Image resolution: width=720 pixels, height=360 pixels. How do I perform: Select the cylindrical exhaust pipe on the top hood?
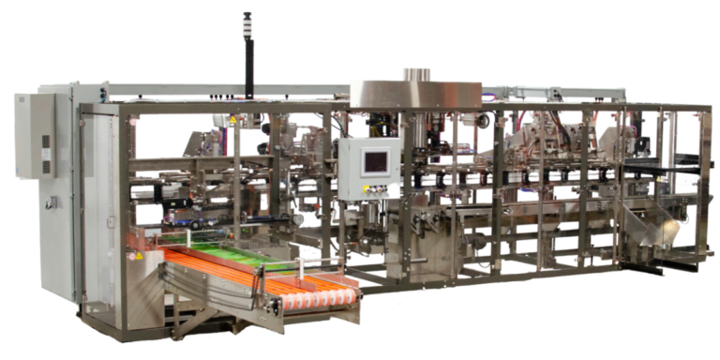coord(413,73)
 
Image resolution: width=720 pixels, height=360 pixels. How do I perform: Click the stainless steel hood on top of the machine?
coord(414,92)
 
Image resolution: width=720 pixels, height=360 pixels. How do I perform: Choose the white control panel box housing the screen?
coord(371,170)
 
